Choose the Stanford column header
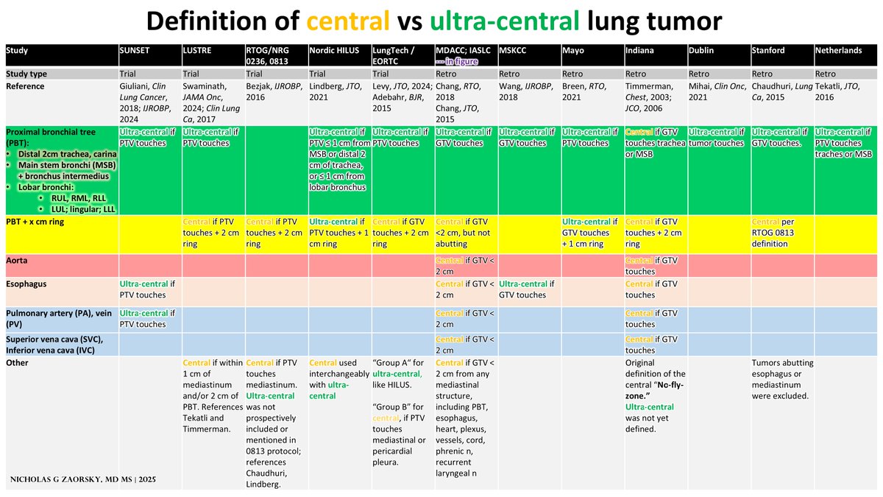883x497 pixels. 770,50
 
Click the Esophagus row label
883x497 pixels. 27,284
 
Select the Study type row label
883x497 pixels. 29,74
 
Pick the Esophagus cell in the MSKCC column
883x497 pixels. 528,289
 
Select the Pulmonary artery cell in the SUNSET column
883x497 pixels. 148,319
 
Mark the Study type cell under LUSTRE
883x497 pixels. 191,74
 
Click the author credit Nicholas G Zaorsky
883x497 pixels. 82,479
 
